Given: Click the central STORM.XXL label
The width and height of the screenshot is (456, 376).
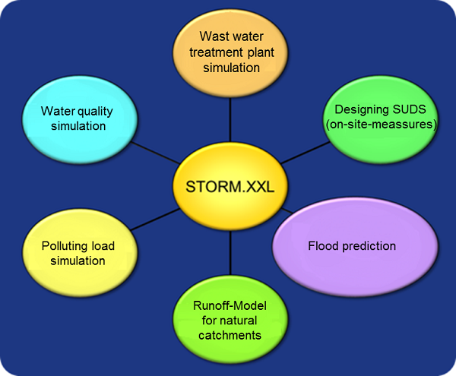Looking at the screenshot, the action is pyautogui.click(x=230, y=187).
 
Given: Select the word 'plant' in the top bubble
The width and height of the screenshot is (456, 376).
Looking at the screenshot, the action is pyautogui.click(x=261, y=53).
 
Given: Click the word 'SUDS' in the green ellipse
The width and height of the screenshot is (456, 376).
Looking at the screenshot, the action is pyautogui.click(x=409, y=109).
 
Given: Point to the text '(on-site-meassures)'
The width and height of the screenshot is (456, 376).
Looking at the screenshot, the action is pyautogui.click(x=382, y=125).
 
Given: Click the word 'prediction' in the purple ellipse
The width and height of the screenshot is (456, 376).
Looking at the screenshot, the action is pyautogui.click(x=369, y=246).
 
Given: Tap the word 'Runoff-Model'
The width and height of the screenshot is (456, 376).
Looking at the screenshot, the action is pyautogui.click(x=230, y=305).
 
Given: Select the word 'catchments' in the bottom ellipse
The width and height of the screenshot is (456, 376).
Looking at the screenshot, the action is pyautogui.click(x=230, y=336).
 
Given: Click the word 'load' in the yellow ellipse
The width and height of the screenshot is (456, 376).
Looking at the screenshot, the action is pyautogui.click(x=103, y=246).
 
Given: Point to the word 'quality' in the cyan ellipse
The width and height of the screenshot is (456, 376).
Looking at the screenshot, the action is pyautogui.click(x=95, y=112).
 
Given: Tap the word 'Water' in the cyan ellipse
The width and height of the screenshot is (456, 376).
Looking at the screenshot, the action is pyautogui.click(x=58, y=111).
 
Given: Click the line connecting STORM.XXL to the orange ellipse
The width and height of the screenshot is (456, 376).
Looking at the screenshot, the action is pyautogui.click(x=230, y=120).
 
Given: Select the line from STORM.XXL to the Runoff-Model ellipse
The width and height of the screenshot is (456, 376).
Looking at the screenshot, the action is pyautogui.click(x=230, y=253).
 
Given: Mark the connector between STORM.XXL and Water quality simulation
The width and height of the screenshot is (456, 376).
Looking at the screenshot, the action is pyautogui.click(x=155, y=153).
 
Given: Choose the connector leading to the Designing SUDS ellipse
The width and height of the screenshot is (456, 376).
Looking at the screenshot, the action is pyautogui.click(x=305, y=153).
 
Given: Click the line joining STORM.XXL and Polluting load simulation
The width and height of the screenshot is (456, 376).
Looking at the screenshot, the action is pyautogui.click(x=155, y=220).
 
